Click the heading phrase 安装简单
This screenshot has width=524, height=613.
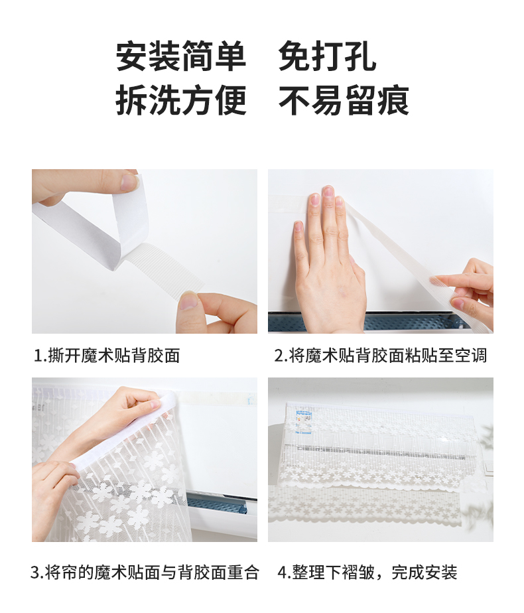coord(181,56)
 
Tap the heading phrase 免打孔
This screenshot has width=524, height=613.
coord(328,56)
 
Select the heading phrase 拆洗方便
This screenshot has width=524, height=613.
coord(181,100)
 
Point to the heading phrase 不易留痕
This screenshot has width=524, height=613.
coord(344,100)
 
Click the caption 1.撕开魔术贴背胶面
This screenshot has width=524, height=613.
coord(107,356)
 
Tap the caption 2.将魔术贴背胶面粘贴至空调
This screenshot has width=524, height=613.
coord(381,356)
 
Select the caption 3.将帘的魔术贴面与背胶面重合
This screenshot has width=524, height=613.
coord(145,573)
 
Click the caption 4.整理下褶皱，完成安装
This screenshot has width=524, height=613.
coord(367,573)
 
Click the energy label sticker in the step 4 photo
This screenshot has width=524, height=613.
coord(304,421)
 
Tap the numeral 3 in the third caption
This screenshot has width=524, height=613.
coord(35,573)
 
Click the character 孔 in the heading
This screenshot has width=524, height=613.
coord(361,56)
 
